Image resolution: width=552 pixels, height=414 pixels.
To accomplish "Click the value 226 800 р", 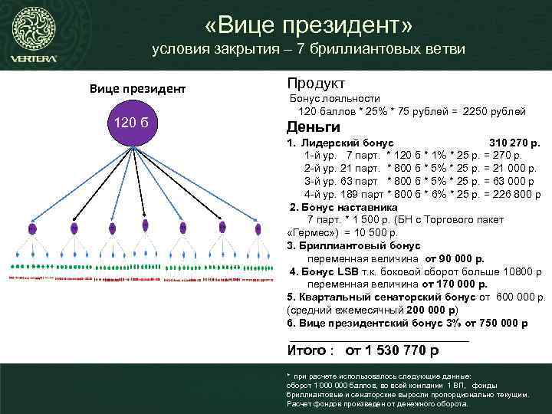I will pyautogui.click(x=513, y=195).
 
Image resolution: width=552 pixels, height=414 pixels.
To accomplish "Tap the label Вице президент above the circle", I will pyautogui.click(x=138, y=88).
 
